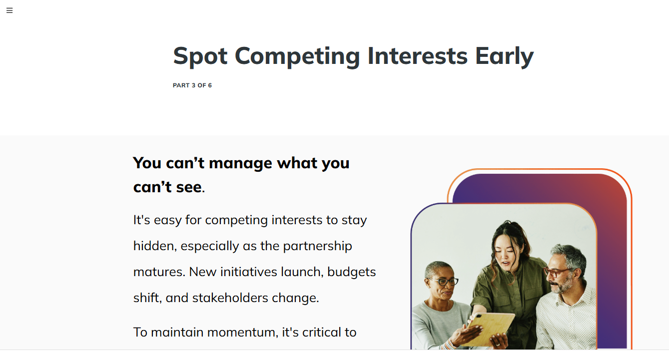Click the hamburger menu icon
point(9,10)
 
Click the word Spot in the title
point(200,56)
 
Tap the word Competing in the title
point(297,56)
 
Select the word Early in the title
point(504,56)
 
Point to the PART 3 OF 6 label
point(192,85)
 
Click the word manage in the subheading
point(240,163)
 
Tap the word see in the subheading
point(189,187)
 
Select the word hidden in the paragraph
point(153,246)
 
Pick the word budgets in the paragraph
point(352,272)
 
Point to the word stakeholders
point(230,298)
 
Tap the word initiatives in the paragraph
point(249,272)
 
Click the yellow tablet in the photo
point(490,328)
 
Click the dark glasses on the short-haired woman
point(444,281)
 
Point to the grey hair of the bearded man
point(569,255)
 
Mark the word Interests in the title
point(418,56)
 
